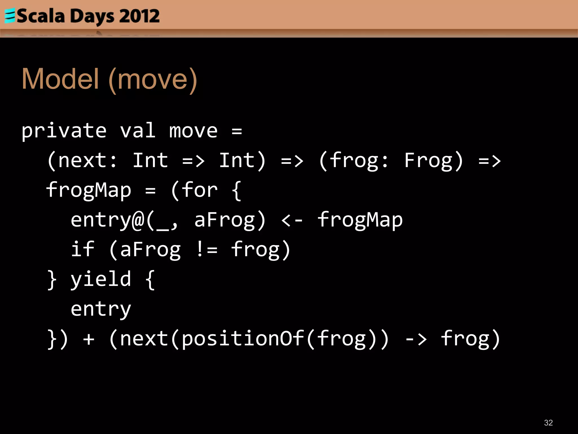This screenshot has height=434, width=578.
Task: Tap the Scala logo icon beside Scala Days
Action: [x=10, y=16]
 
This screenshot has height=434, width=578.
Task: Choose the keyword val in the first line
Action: [x=137, y=131]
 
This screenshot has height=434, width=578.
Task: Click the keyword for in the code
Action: [x=200, y=190]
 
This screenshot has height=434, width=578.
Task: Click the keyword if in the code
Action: [x=82, y=249]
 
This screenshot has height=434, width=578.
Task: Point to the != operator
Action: [x=206, y=249]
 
